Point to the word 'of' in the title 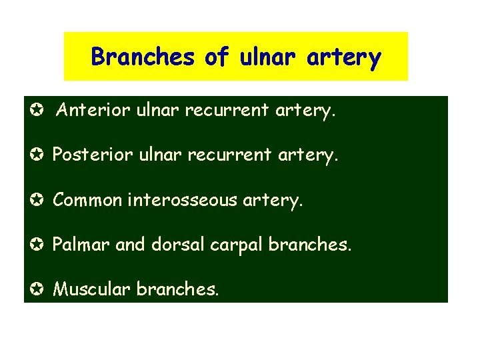217,57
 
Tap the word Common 86,199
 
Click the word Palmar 81,244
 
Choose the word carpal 237,245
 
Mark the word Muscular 91,289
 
